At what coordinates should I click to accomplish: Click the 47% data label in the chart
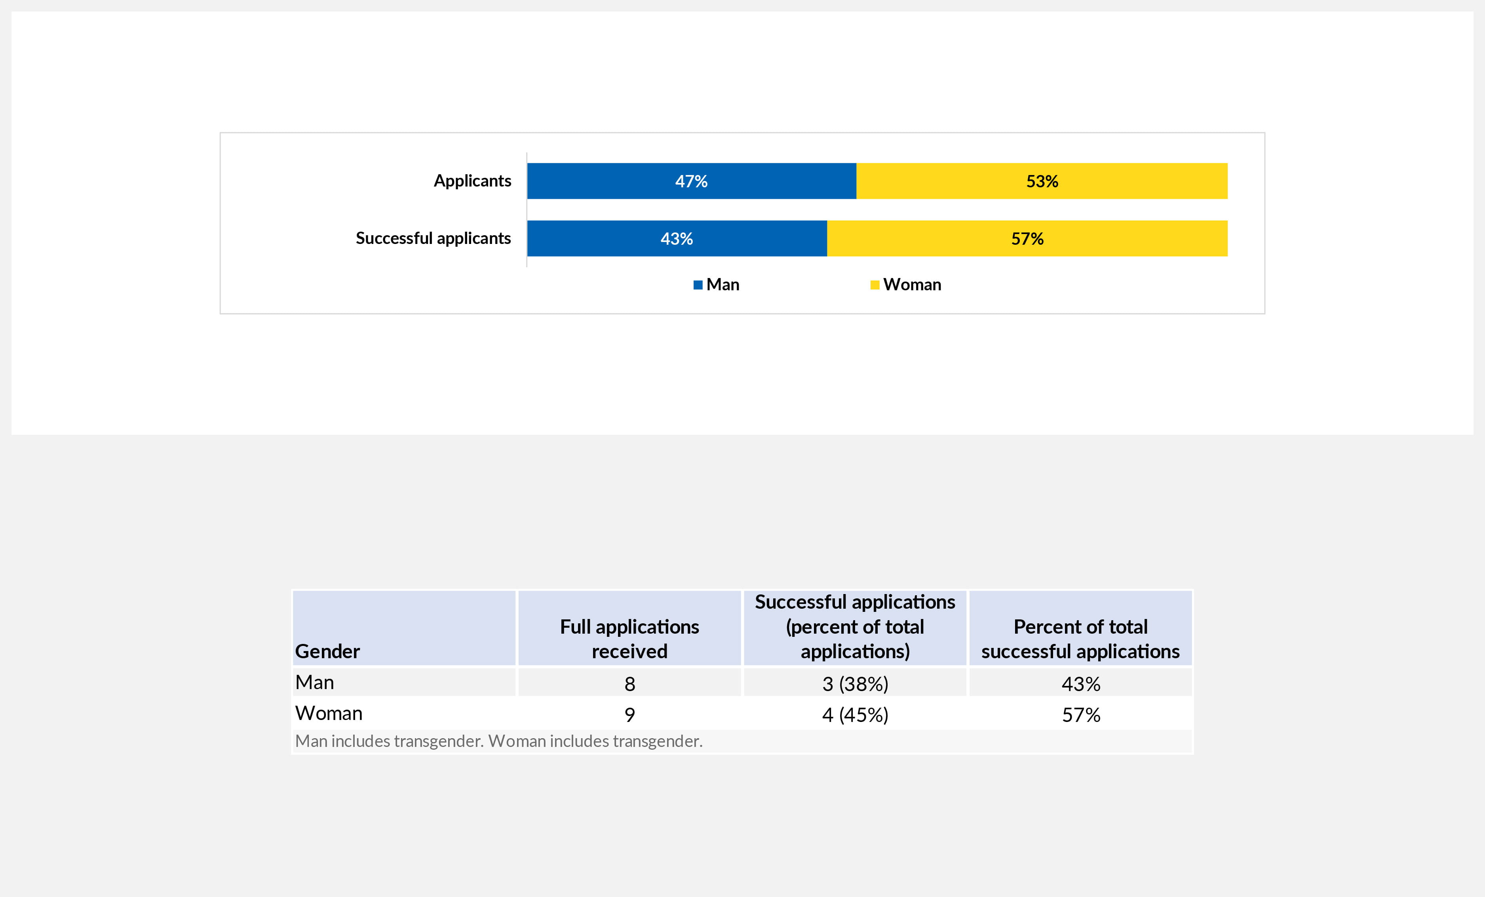click(691, 181)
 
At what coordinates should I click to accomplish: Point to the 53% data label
click(1042, 181)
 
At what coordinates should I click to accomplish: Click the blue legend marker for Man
click(698, 285)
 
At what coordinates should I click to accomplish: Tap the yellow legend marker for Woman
click(875, 285)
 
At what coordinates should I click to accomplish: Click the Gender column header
click(327, 651)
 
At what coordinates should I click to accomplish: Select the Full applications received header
click(629, 639)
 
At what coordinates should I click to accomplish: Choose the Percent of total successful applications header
click(1080, 639)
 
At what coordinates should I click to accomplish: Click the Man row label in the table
click(315, 682)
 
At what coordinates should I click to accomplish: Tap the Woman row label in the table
click(329, 713)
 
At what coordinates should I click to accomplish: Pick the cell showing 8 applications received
click(629, 684)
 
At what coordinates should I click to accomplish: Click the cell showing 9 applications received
click(629, 715)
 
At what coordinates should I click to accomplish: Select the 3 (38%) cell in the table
click(855, 684)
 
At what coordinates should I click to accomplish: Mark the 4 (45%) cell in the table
click(855, 715)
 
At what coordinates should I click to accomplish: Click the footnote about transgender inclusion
click(498, 741)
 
